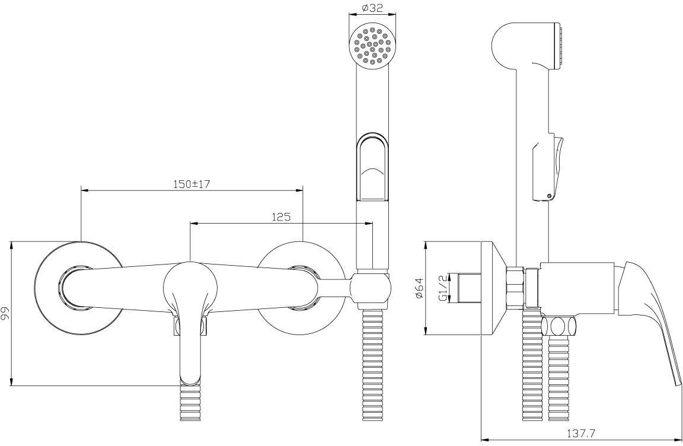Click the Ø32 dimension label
[x=372, y=7]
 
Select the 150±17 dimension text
[x=192, y=184]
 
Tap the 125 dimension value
[x=281, y=217]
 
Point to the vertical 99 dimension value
[x=6, y=313]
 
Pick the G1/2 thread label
[x=443, y=288]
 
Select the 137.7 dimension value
[x=581, y=434]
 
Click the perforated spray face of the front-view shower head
[x=372, y=47]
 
